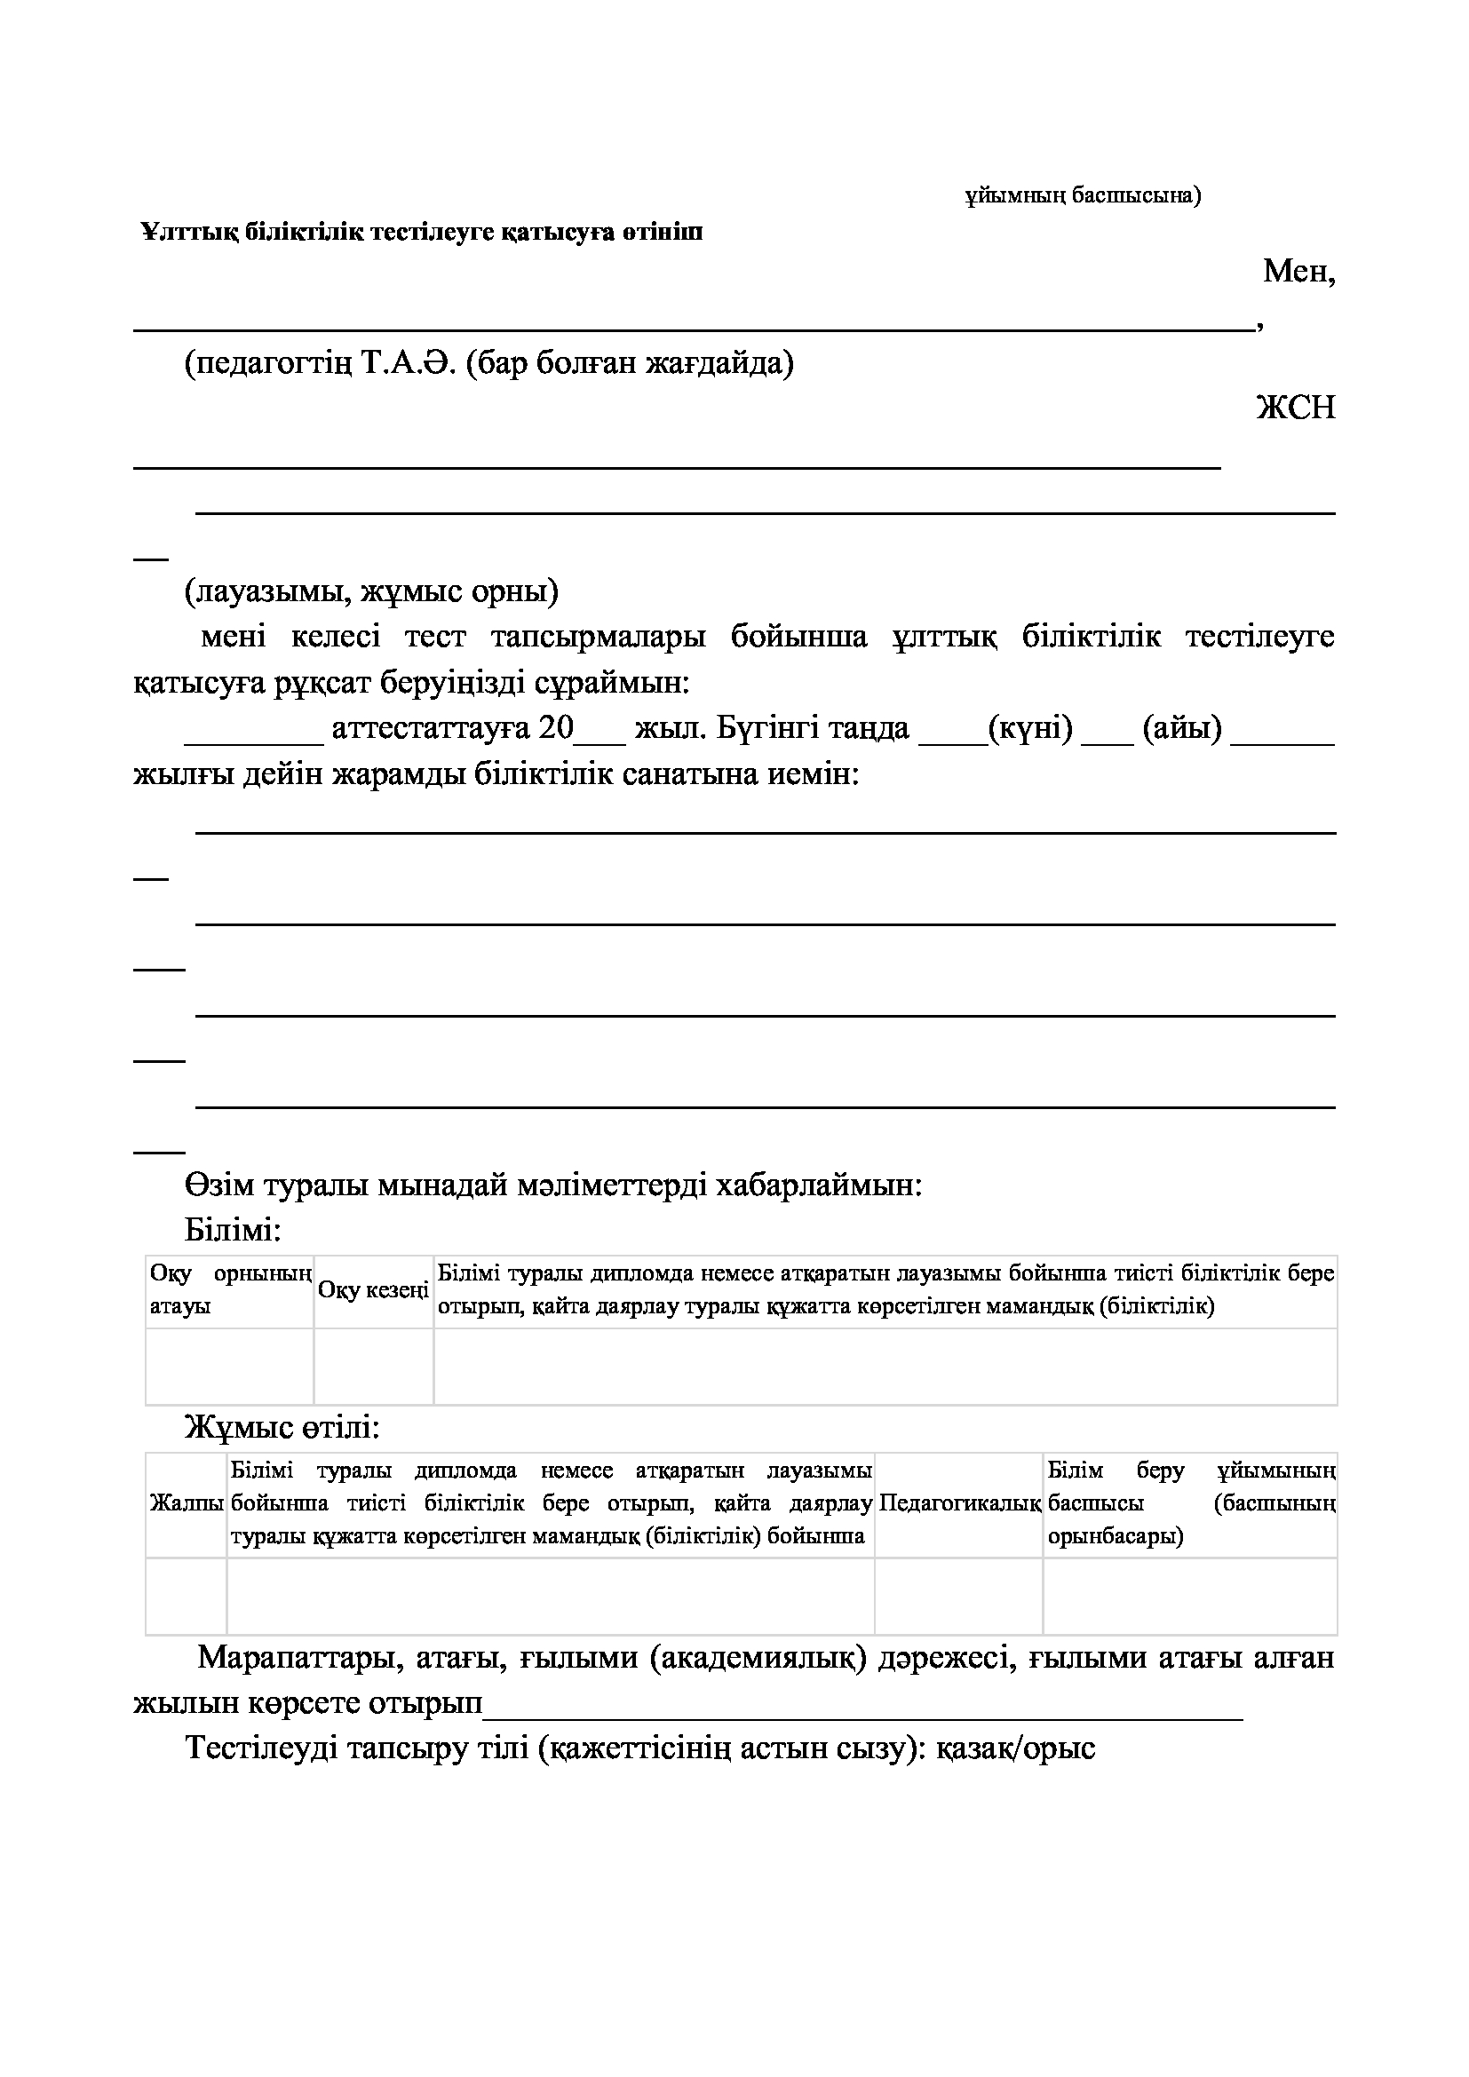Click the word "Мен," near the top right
pyautogui.click(x=1299, y=271)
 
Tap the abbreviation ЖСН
pyautogui.click(x=1296, y=408)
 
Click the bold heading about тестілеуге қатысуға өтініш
pyautogui.click(x=422, y=233)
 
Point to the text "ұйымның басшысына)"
pyautogui.click(x=1083, y=195)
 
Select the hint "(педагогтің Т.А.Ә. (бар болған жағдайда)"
pyautogui.click(x=489, y=363)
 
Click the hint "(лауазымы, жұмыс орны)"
pyautogui.click(x=372, y=591)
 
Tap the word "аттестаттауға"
pyautogui.click(x=431, y=728)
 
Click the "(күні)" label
pyautogui.click(x=1030, y=728)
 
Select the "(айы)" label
pyautogui.click(x=1182, y=728)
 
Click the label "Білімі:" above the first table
pyautogui.click(x=234, y=1229)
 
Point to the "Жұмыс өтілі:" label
pyautogui.click(x=282, y=1428)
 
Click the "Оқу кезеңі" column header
pyautogui.click(x=374, y=1290)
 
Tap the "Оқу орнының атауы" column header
pyautogui.click(x=230, y=1290)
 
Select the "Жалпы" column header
pyautogui.click(x=187, y=1503)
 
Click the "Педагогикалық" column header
pyautogui.click(x=959, y=1503)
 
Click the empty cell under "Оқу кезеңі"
pyautogui.click(x=374, y=1366)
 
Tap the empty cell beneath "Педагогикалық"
pyautogui.click(x=959, y=1596)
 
